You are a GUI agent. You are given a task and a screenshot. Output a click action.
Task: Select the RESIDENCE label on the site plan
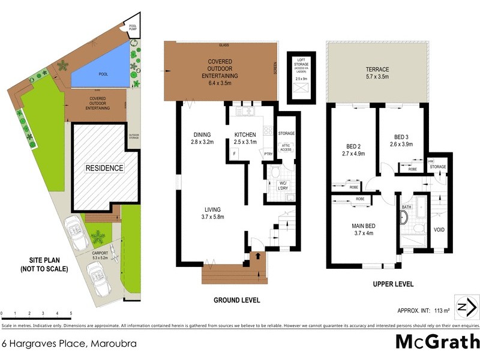(x=103, y=168)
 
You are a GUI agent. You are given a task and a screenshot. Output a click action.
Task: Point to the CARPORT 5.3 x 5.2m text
(x=100, y=255)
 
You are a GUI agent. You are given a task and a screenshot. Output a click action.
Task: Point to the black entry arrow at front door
(x=259, y=257)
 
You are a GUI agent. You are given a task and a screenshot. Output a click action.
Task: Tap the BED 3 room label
(x=401, y=140)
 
